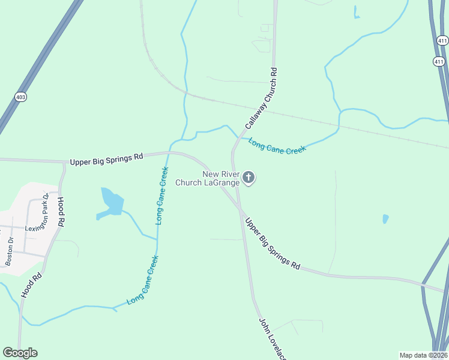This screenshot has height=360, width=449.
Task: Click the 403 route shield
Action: (x=21, y=96)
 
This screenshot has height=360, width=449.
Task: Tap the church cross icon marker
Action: (x=249, y=178)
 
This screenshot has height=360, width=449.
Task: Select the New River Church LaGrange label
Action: (x=207, y=178)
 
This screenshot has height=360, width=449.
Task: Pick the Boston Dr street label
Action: (x=10, y=250)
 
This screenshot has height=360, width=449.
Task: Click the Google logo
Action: (x=20, y=353)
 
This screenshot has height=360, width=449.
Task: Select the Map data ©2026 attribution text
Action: (x=423, y=355)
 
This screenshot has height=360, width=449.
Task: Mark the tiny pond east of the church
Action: (x=385, y=219)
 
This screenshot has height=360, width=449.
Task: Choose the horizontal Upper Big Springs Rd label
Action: (x=106, y=159)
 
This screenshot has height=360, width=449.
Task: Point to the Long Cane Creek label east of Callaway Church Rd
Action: (x=277, y=146)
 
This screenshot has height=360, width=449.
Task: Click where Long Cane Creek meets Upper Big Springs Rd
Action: (x=170, y=152)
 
